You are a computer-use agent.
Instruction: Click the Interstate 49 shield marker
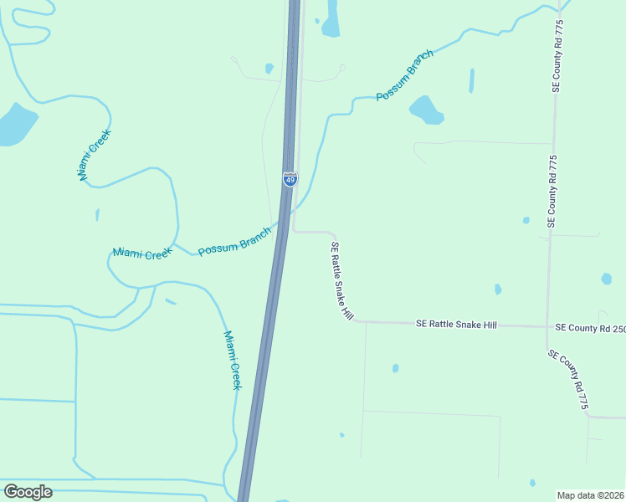click(x=289, y=179)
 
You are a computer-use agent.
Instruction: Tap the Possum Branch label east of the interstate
click(x=405, y=76)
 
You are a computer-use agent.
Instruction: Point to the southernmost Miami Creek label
click(x=232, y=360)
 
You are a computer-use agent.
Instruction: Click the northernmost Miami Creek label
click(x=95, y=155)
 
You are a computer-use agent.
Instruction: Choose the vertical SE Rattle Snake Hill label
click(x=342, y=281)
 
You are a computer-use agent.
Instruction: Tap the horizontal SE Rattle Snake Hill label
click(x=456, y=324)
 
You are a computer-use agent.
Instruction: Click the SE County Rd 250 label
click(x=590, y=328)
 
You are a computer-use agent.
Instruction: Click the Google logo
click(x=28, y=491)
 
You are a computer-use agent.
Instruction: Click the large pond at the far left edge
click(x=14, y=125)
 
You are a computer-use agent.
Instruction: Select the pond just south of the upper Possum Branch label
click(x=425, y=110)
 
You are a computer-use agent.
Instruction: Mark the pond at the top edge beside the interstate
click(x=331, y=20)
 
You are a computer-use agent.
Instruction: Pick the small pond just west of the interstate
click(x=269, y=69)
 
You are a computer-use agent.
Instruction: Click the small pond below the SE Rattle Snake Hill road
click(x=395, y=368)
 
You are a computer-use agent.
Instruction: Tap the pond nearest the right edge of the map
click(x=606, y=279)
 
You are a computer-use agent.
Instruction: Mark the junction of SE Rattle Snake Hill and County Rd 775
click(x=547, y=326)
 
